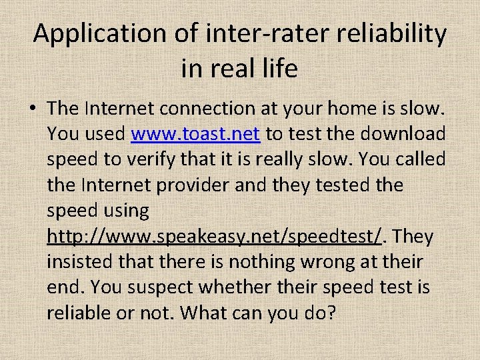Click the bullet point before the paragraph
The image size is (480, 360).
click(34, 109)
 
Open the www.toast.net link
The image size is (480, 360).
click(195, 134)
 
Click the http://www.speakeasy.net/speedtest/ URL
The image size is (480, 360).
click(217, 237)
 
